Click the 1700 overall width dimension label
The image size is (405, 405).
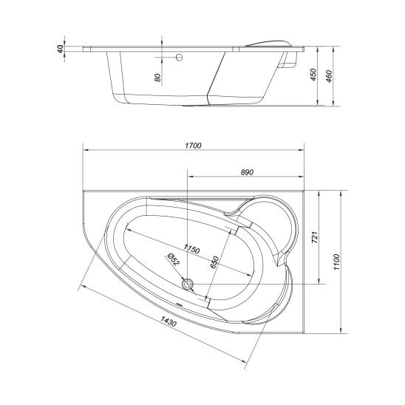tap(193, 146)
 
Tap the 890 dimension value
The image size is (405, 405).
tap(247, 172)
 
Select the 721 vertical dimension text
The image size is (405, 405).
tap(315, 236)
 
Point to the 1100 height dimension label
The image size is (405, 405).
tap(336, 262)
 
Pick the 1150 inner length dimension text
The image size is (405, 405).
tap(191, 249)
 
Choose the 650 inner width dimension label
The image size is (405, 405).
tap(214, 262)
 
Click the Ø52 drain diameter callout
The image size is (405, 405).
tap(174, 259)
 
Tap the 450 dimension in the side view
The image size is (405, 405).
tap(313, 75)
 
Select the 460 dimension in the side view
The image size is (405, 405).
tap(329, 76)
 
